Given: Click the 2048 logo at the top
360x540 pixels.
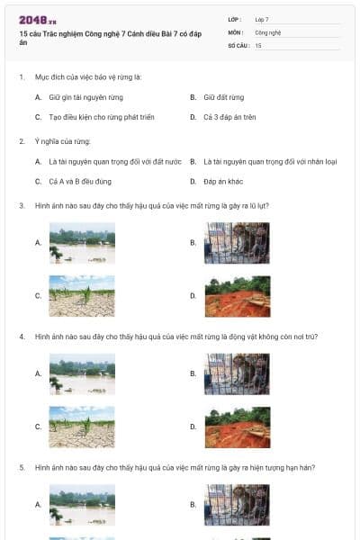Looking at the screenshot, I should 38,19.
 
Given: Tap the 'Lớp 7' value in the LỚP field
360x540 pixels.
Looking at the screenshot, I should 262,18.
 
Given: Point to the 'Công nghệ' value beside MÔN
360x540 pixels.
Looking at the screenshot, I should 268,31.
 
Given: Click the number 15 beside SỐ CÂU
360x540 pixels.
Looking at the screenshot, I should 258,44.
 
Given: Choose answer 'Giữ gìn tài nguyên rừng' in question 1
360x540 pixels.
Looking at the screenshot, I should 85,97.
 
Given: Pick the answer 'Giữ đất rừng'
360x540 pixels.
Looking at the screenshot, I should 223,97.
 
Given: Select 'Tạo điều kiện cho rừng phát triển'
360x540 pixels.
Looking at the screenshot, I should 99,117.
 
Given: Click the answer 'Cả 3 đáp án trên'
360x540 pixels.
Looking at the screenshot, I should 230,117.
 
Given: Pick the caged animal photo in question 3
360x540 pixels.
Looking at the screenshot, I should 237,243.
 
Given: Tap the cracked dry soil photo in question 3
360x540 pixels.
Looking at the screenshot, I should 82,295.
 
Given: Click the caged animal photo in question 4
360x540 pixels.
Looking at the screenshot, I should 237,373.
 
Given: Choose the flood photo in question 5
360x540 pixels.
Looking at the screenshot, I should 82,505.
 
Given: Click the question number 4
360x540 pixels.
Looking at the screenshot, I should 22,337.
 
